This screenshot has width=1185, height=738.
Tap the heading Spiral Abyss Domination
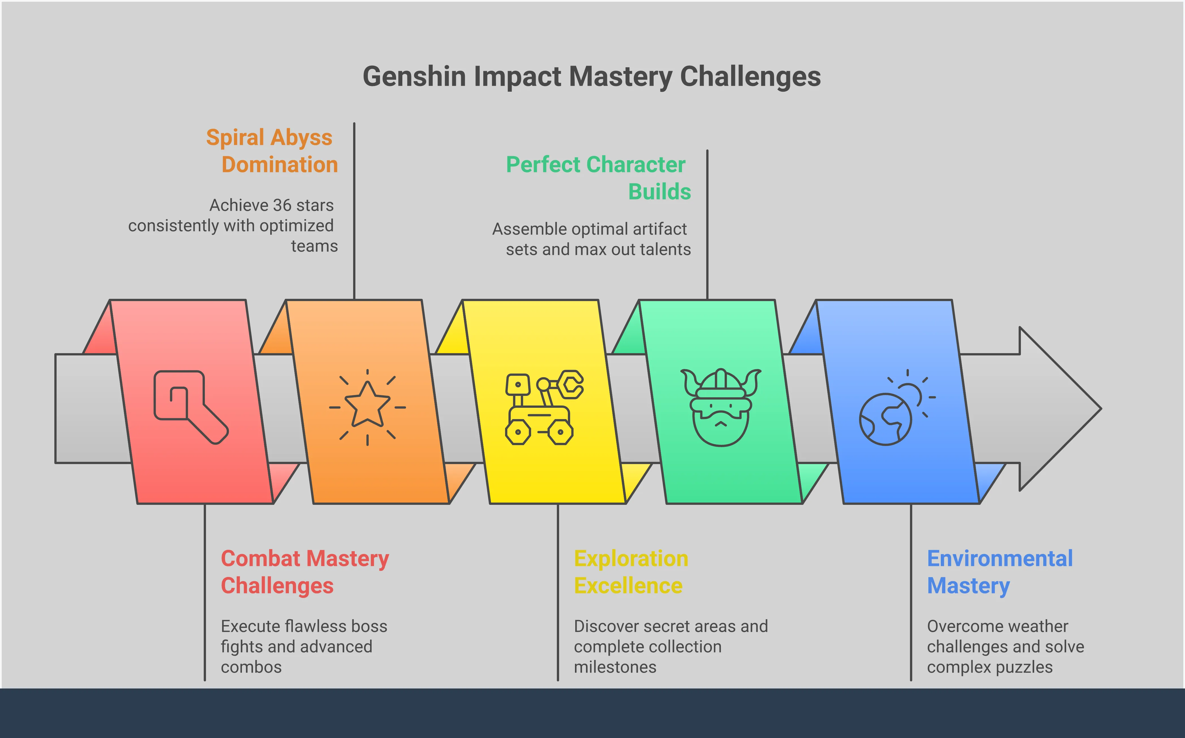(272, 151)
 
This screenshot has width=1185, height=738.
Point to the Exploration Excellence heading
(631, 572)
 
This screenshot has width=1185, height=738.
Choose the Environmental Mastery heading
(1000, 572)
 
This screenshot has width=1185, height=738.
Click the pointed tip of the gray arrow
(1101, 409)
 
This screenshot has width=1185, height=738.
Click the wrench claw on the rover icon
(571, 384)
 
